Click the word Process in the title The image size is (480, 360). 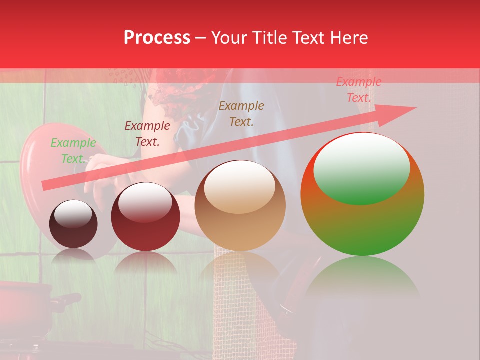(157, 38)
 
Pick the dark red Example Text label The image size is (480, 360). (147, 134)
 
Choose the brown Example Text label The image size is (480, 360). (241, 113)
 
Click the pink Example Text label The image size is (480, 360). (358, 90)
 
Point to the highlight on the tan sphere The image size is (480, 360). (239, 186)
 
